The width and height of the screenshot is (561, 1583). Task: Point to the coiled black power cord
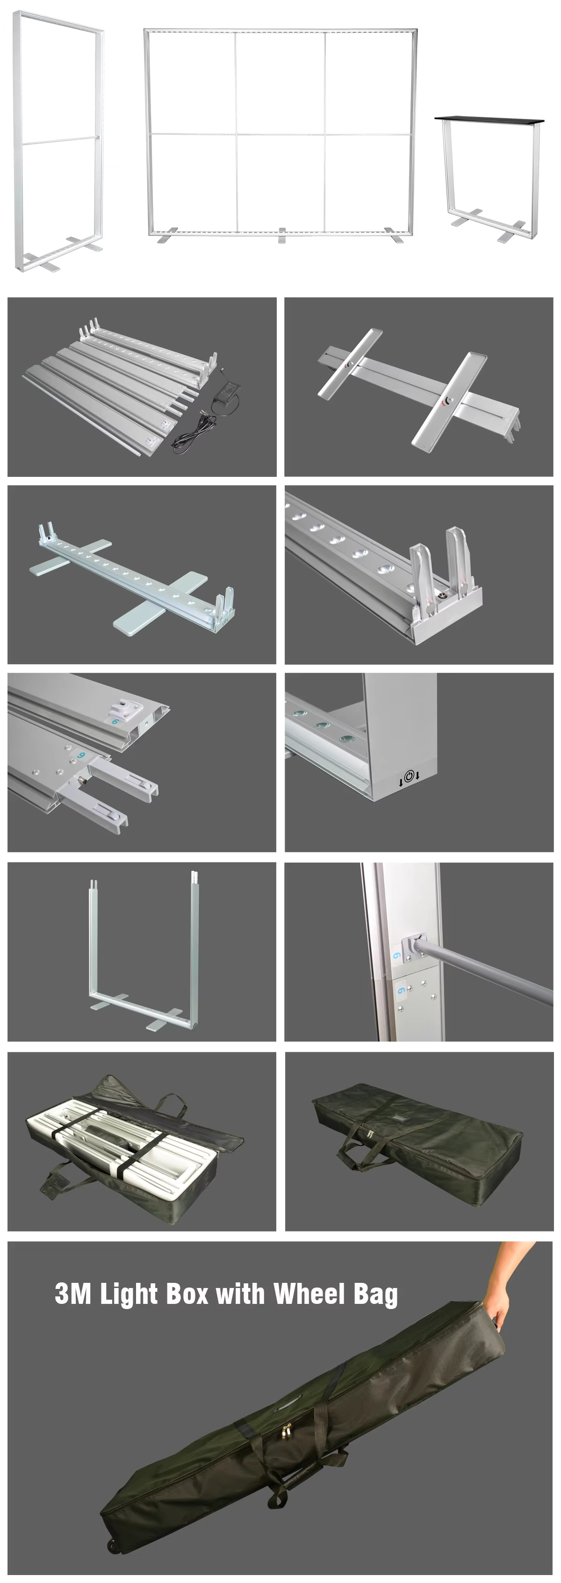pos(193,430)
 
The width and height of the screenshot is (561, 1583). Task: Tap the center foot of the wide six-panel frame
pos(282,235)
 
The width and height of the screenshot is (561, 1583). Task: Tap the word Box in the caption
pos(187,1293)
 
